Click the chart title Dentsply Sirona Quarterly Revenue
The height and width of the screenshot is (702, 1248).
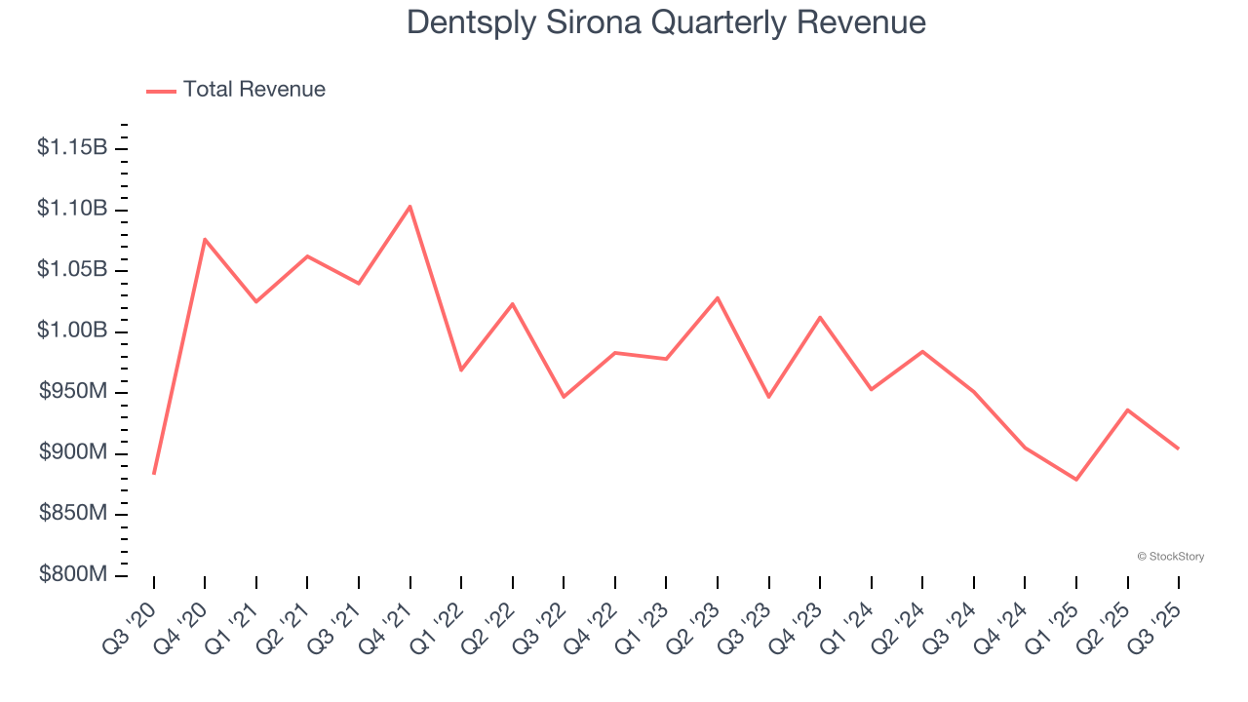666,21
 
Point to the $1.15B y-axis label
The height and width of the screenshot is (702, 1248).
72,148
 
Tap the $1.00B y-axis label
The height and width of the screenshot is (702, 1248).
72,331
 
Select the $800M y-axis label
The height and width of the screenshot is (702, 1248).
72,575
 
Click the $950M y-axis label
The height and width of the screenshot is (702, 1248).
72,392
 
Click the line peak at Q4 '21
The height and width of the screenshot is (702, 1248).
409,206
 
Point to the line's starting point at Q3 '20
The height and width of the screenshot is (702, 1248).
154,474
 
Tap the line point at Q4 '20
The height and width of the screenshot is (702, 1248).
205,239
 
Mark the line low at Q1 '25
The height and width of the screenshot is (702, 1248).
1076,480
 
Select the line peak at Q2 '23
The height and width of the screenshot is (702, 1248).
718,297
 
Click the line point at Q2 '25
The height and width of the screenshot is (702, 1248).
1128,409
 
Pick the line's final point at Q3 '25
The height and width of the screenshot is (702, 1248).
1178,448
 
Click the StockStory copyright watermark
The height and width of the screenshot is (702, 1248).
1170,557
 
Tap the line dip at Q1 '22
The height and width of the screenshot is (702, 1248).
461,370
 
